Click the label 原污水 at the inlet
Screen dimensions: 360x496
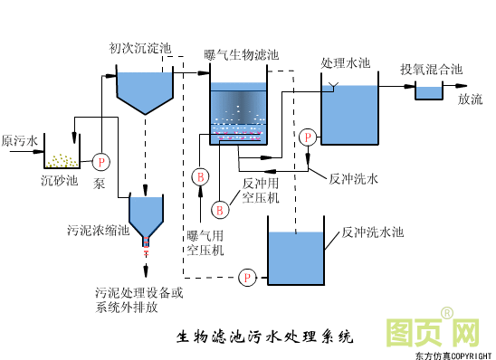coord(20,141)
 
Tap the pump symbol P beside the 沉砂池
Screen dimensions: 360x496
coord(100,161)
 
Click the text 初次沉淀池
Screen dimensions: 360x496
coord(140,48)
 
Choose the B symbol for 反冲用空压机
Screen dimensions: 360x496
coord(219,210)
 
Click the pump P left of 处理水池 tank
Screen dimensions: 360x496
coord(309,137)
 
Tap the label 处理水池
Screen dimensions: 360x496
coord(346,63)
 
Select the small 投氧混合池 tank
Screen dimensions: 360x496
coord(427,91)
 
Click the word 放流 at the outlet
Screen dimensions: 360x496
coord(470,99)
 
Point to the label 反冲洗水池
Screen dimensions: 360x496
coord(372,232)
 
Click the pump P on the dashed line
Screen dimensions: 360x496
coord(247,277)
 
